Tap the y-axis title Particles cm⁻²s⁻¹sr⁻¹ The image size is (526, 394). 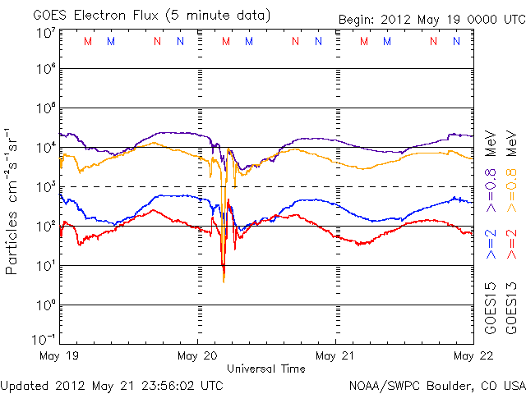point(12,201)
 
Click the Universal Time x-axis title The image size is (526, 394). point(266,369)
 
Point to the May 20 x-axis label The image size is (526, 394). point(198,356)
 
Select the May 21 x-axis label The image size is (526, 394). point(335,356)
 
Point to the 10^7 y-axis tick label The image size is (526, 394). point(45,34)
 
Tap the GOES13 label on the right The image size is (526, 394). point(511,309)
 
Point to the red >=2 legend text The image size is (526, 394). point(511,244)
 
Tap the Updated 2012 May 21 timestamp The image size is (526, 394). point(112,384)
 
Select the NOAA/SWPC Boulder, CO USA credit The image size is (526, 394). point(436,384)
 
